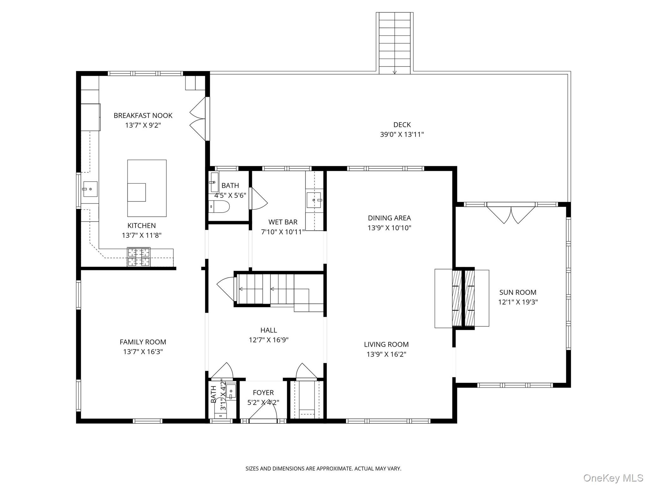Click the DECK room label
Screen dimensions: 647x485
tap(402, 125)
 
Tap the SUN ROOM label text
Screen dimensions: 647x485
tap(518, 292)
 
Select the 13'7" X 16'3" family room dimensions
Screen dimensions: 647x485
tap(143, 351)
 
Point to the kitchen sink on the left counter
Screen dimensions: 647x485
tap(90, 189)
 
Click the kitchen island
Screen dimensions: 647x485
tap(147, 188)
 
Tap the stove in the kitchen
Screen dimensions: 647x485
tap(139, 257)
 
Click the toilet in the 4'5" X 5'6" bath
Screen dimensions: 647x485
tap(219, 207)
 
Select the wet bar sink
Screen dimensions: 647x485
tap(314, 200)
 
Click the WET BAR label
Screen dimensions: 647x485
tap(283, 222)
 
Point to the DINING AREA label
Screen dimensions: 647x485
tap(389, 218)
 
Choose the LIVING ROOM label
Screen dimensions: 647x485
tap(386, 344)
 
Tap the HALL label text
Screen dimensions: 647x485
tap(269, 330)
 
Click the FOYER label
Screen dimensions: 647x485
tap(263, 392)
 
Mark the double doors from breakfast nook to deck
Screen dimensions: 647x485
tap(198, 119)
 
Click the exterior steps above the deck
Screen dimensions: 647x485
tap(395, 43)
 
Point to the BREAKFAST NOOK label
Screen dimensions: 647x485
tap(143, 116)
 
